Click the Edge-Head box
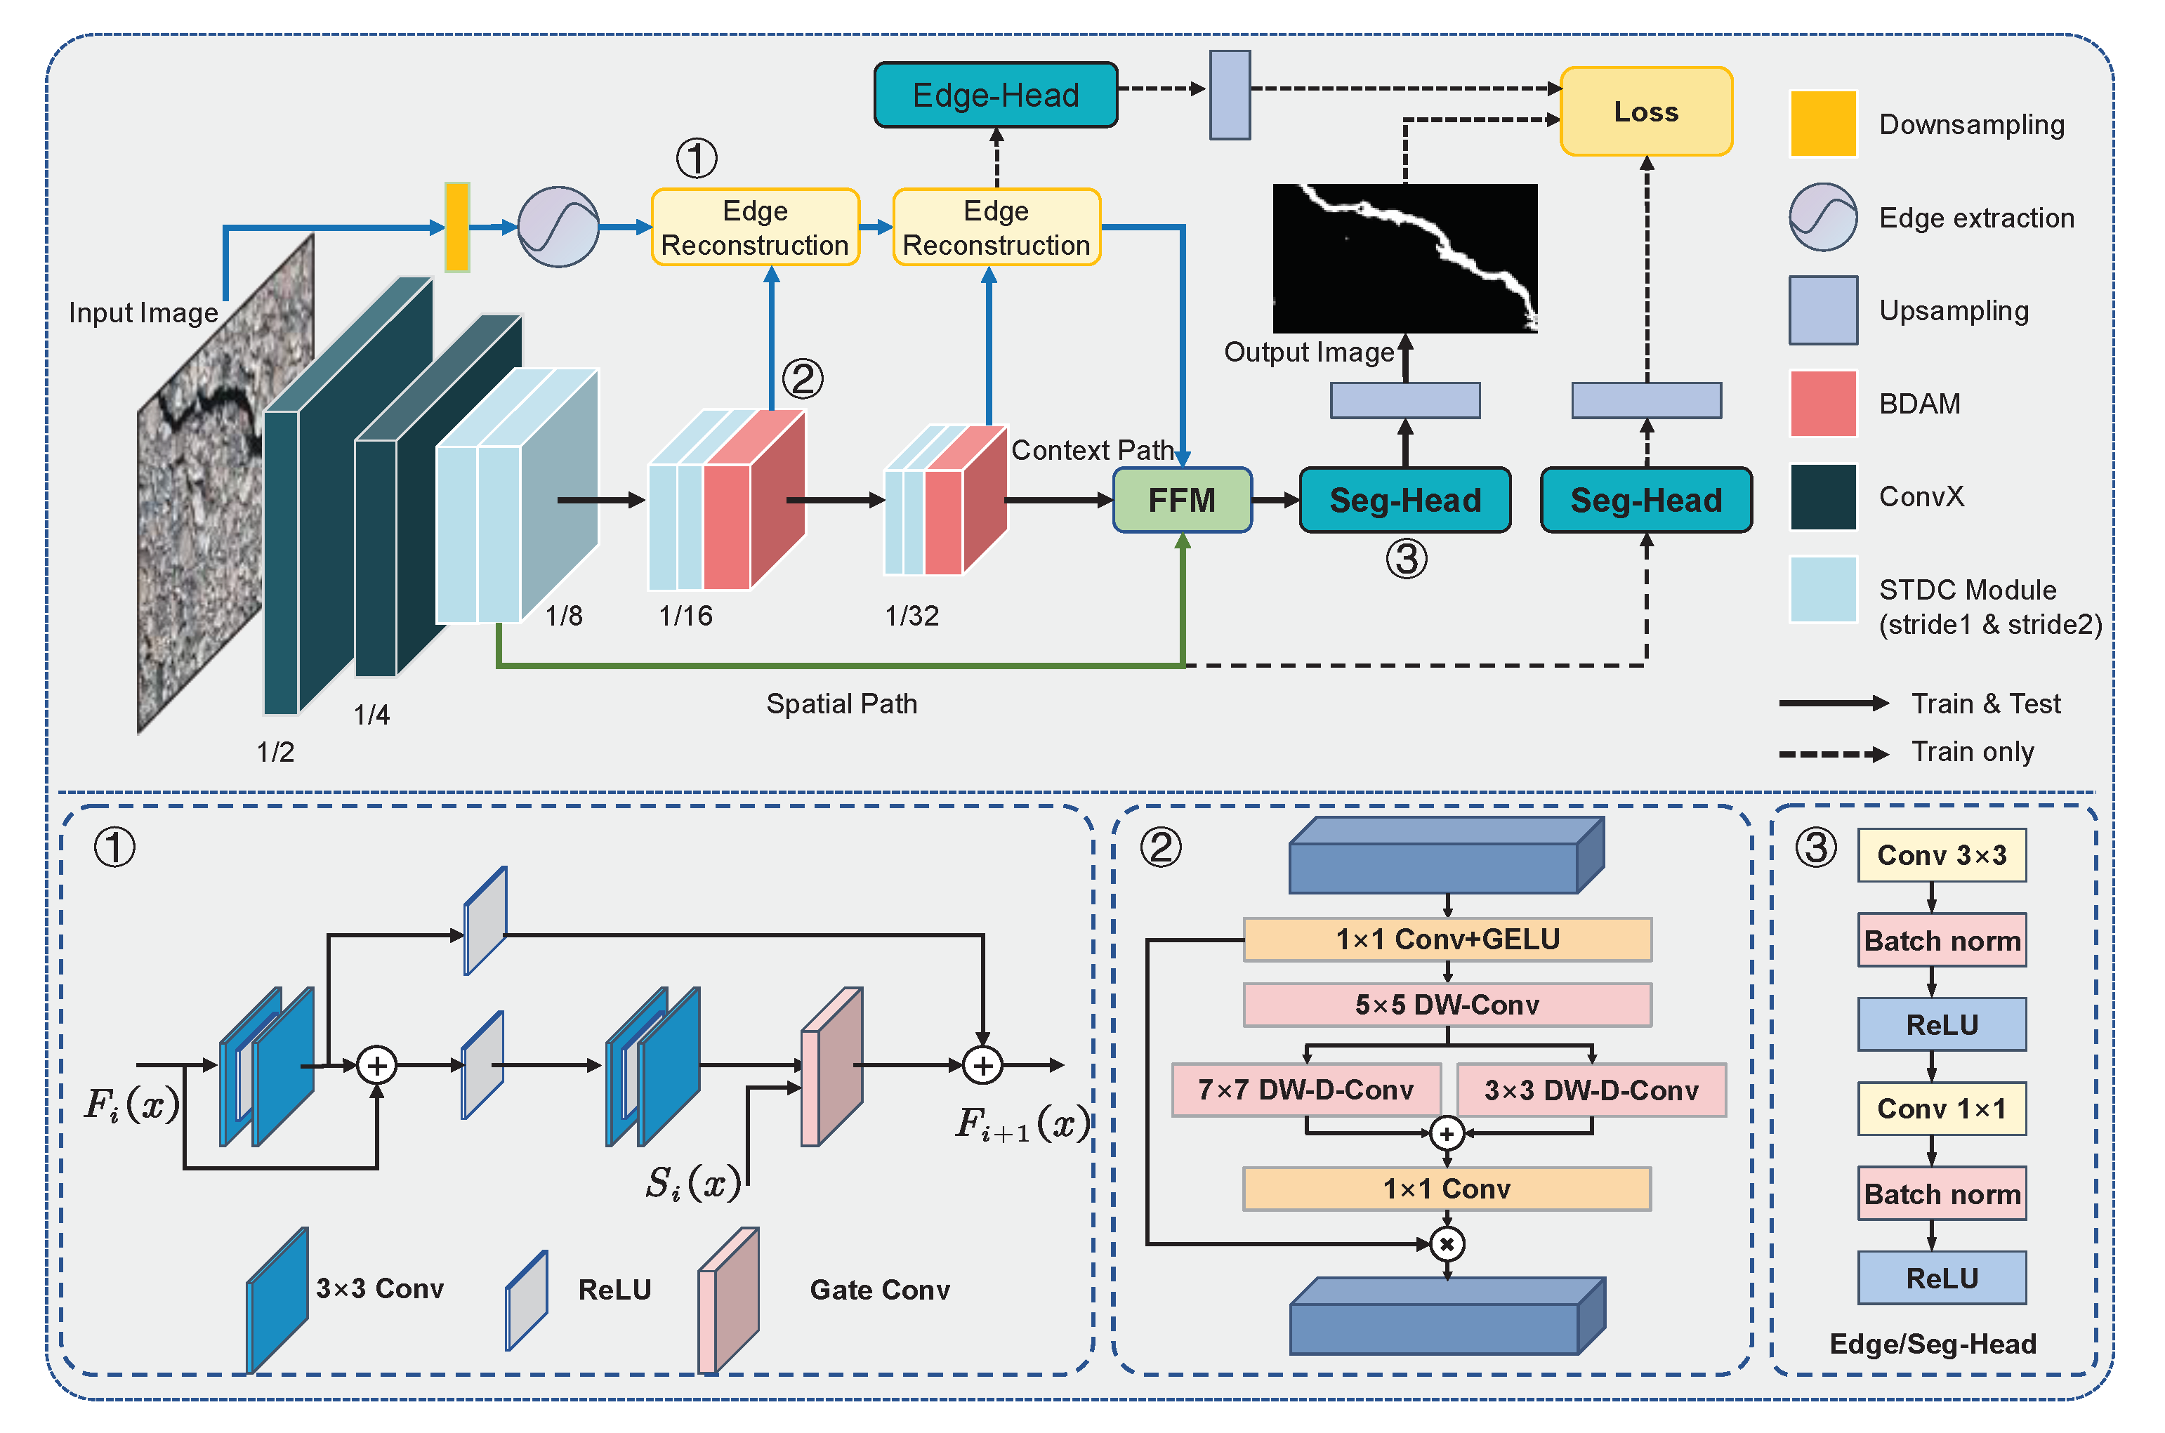point(995,95)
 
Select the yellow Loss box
point(1645,112)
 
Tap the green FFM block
point(1182,500)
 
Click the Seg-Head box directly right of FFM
point(1404,500)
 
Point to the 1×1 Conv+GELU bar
point(1447,939)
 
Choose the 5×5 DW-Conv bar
point(1447,1005)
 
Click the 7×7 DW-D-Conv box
point(1306,1090)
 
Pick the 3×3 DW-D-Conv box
point(1591,1090)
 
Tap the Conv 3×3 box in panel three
point(1941,855)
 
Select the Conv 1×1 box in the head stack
point(1941,1109)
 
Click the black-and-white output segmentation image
point(1404,258)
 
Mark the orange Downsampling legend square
point(1822,124)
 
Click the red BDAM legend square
point(1822,403)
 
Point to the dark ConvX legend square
point(1822,497)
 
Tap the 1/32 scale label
point(911,616)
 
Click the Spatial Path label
point(841,704)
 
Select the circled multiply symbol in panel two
point(1447,1244)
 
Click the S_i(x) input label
point(692,1184)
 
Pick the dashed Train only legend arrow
point(1832,754)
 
